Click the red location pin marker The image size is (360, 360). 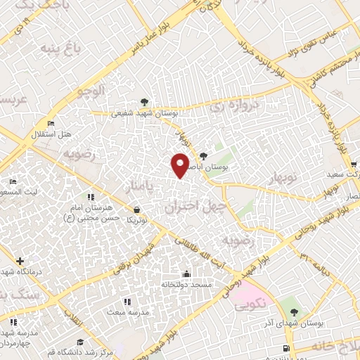click(181, 165)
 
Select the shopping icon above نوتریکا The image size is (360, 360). click(136, 209)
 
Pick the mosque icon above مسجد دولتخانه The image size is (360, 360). click(186, 274)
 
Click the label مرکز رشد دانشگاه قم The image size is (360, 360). click(75, 350)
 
